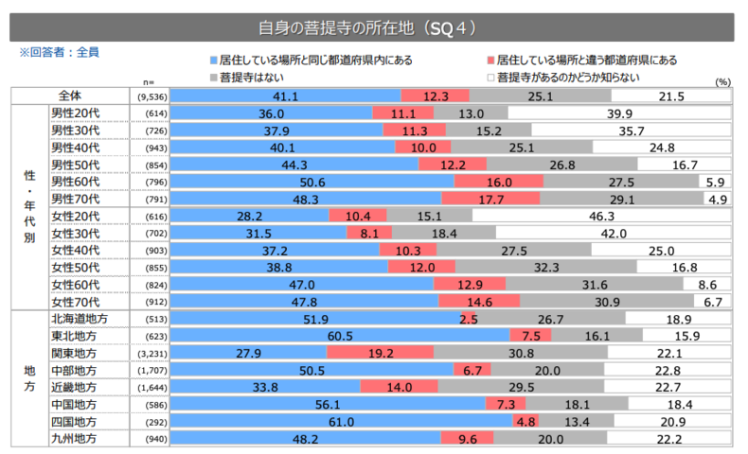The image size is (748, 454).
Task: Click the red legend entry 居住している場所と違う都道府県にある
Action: tap(587, 61)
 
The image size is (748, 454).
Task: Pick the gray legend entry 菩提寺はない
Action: tap(244, 77)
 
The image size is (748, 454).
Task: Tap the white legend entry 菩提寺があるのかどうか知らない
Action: tap(566, 77)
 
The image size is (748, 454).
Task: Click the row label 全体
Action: tap(71, 96)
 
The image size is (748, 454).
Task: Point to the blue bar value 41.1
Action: tap(285, 96)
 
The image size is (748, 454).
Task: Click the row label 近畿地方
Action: tap(73, 388)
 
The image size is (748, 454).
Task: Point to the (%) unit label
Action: tap(723, 82)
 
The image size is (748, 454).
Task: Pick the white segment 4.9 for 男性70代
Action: tap(717, 200)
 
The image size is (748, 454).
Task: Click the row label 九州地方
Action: tap(73, 439)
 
